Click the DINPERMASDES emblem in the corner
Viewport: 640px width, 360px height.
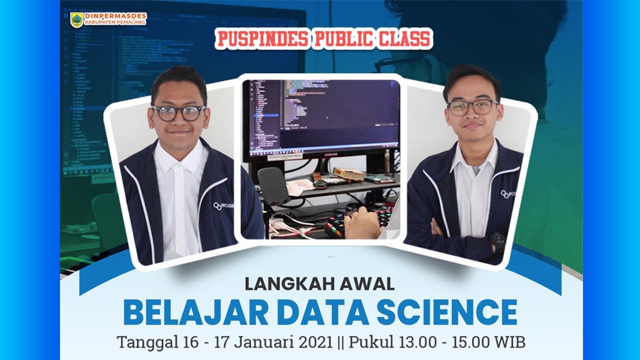click(x=76, y=19)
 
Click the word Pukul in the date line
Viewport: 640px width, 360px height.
click(x=371, y=342)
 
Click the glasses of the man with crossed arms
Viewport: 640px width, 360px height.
click(x=472, y=107)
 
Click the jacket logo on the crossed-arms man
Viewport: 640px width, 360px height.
click(x=507, y=194)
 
